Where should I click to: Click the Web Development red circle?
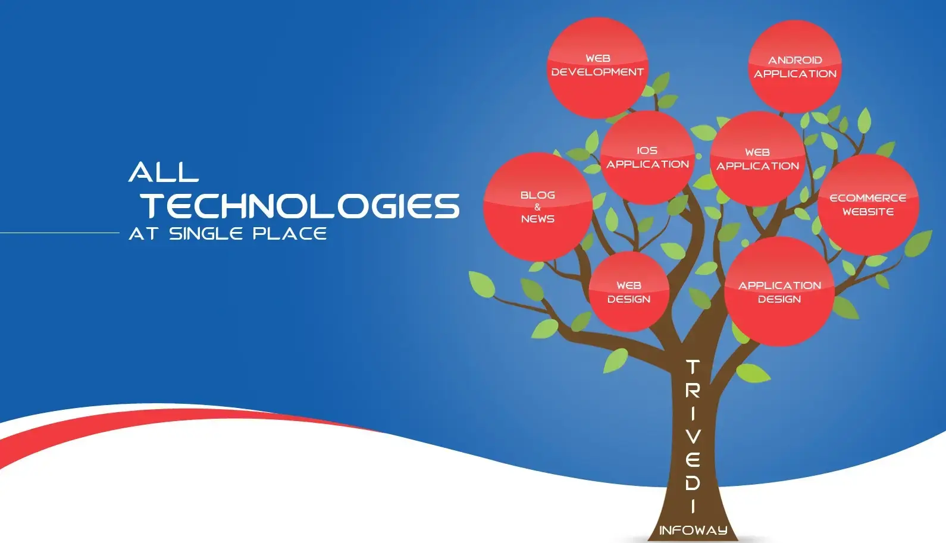coord(597,68)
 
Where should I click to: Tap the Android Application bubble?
coord(795,67)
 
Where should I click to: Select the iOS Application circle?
coord(647,158)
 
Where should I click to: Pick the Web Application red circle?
coord(757,159)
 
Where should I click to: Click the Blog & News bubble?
coord(538,207)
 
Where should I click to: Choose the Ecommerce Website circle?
coord(868,205)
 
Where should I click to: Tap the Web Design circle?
coord(629,292)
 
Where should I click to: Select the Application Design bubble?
coord(779,292)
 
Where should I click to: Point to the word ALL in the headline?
coord(164,172)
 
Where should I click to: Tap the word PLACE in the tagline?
coord(290,234)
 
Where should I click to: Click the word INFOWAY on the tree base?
coord(694,530)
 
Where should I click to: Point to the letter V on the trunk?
coord(693,437)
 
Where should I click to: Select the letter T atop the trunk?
coord(693,366)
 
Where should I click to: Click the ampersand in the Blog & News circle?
coord(537,207)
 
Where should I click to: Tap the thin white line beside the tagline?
coord(59,233)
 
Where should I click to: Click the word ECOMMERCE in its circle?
coord(868,198)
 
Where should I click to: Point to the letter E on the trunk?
coord(693,459)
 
